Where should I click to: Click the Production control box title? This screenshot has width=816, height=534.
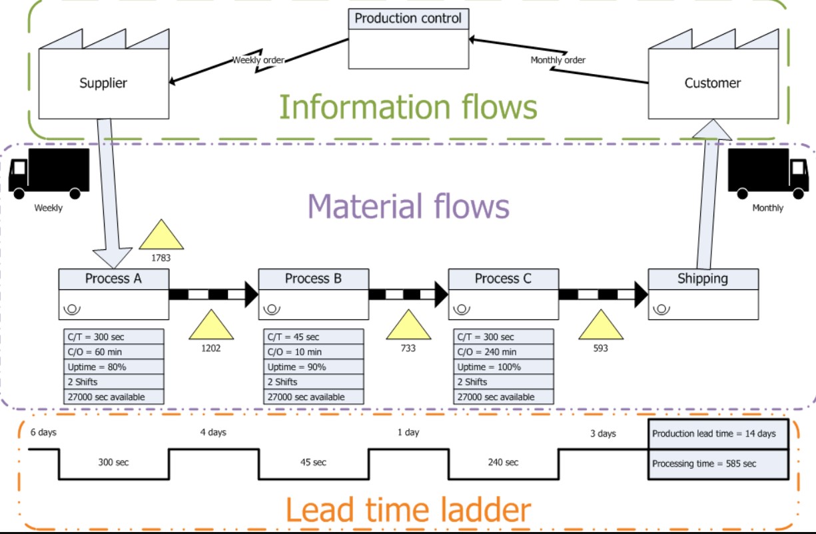pos(408,18)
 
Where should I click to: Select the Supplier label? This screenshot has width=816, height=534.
pos(103,83)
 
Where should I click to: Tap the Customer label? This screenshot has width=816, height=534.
pos(713,83)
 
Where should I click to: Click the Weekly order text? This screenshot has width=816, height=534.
pos(258,60)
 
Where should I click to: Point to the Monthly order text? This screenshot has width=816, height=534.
pos(558,60)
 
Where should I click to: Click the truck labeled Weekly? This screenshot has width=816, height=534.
pos(49,173)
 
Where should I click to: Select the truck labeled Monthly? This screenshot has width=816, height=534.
pos(768,173)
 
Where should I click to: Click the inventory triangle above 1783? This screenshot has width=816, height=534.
pos(161,235)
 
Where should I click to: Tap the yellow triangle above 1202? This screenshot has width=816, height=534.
pos(211,325)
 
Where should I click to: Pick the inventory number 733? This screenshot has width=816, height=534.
pos(408,349)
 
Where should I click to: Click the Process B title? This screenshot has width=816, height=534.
pos(313,279)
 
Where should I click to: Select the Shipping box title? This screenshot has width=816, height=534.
pos(703,279)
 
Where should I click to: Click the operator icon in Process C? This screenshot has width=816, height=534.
pos(462,309)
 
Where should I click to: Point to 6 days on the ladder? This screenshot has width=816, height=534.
pos(43,432)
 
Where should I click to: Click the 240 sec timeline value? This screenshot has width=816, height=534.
pos(503,463)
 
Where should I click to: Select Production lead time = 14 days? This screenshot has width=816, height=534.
pos(714,434)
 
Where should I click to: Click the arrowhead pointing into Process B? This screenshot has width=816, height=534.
pos(252,294)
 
